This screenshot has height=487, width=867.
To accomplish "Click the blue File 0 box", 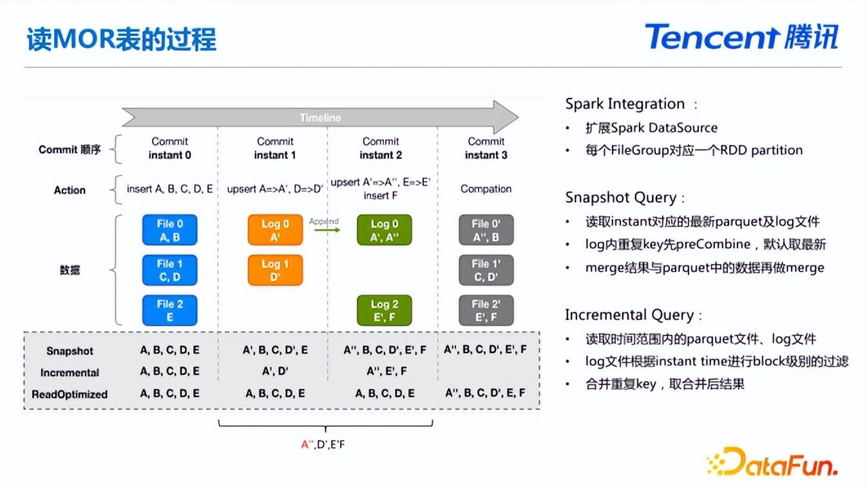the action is tap(169, 230).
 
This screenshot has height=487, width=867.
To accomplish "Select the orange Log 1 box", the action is tap(275, 270).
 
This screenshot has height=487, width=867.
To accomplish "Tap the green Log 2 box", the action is tap(385, 310).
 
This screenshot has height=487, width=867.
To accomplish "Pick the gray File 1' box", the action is tap(486, 270).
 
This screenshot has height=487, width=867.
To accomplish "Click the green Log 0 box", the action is tap(385, 230).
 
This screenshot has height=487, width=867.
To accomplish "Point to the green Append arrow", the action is tap(327, 230).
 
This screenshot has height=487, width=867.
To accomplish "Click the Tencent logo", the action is tap(741, 37).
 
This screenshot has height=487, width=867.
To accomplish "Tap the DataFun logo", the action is tap(772, 461).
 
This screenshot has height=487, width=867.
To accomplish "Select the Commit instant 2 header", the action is tap(381, 148).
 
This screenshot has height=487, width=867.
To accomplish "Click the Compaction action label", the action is tap(486, 189).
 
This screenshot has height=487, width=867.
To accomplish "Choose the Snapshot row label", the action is tap(70, 350).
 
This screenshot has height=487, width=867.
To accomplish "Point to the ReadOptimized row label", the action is tap(70, 394).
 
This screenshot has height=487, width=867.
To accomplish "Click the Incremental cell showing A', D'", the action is tap(275, 371).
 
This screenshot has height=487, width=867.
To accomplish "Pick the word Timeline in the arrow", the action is tap(321, 118).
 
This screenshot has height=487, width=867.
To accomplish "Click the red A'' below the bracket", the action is tap(308, 444).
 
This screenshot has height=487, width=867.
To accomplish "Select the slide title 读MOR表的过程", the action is tap(121, 39).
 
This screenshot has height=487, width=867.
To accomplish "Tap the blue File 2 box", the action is tap(169, 310).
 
